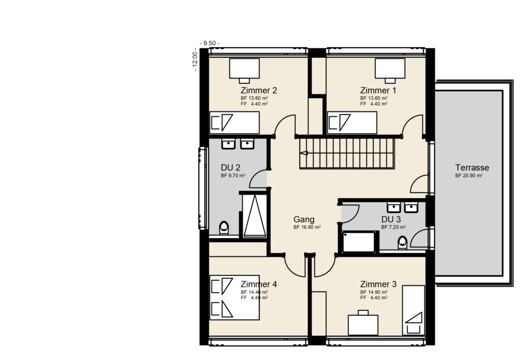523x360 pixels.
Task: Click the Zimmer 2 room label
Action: [x=259, y=90]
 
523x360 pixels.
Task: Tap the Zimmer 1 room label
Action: [x=378, y=90]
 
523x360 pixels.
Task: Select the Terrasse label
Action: [x=472, y=167]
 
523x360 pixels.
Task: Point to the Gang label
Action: [x=303, y=219]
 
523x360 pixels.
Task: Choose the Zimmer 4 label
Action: [x=259, y=284]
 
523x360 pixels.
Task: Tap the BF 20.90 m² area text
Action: [x=469, y=176]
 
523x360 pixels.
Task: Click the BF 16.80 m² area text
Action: [x=307, y=227]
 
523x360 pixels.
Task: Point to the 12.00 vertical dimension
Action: [x=195, y=60]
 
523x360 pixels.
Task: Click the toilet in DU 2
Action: [x=224, y=228]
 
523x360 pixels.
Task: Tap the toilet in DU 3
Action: [x=403, y=242]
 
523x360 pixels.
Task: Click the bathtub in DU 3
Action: [x=360, y=242]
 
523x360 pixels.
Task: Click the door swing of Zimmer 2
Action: [x=285, y=125]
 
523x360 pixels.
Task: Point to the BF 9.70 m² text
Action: [x=233, y=176]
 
